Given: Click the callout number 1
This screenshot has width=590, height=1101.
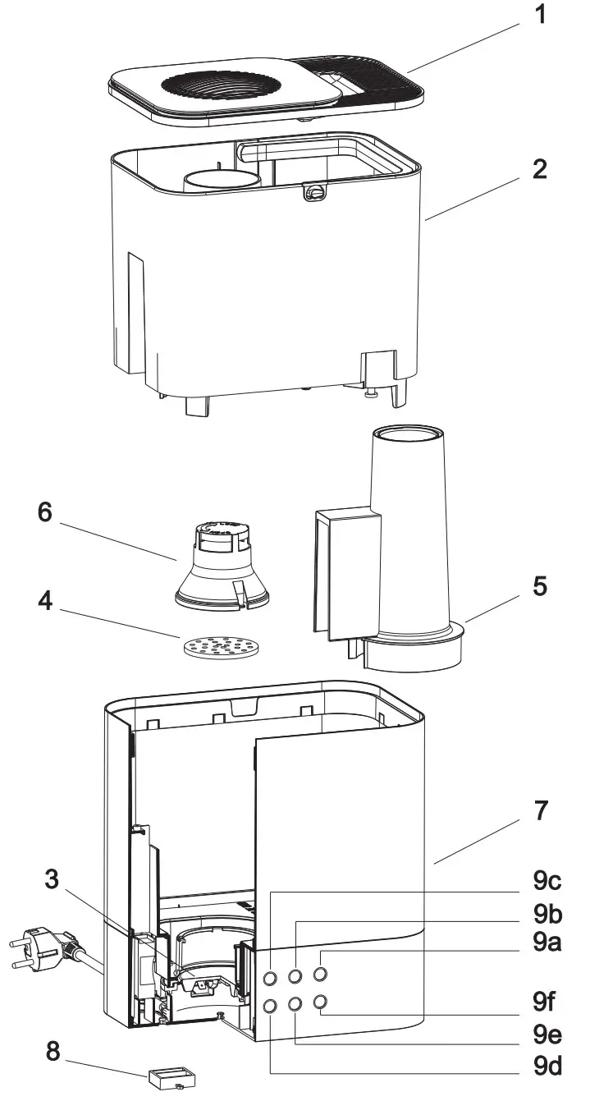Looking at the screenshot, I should (x=539, y=16).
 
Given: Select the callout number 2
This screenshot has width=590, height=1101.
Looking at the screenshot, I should (x=539, y=171).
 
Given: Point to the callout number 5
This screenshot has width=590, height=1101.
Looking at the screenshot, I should (x=539, y=586).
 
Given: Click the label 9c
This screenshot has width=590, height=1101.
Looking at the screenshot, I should (x=546, y=881).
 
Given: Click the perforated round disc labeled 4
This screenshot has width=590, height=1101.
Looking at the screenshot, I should (x=219, y=649).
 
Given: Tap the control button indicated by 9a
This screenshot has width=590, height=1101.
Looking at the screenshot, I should (x=321, y=975).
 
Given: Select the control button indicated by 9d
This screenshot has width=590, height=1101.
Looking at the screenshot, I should (x=269, y=1004).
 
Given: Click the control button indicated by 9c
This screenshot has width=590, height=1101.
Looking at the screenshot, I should (x=269, y=977).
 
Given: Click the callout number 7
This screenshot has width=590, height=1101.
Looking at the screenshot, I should (x=539, y=811).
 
